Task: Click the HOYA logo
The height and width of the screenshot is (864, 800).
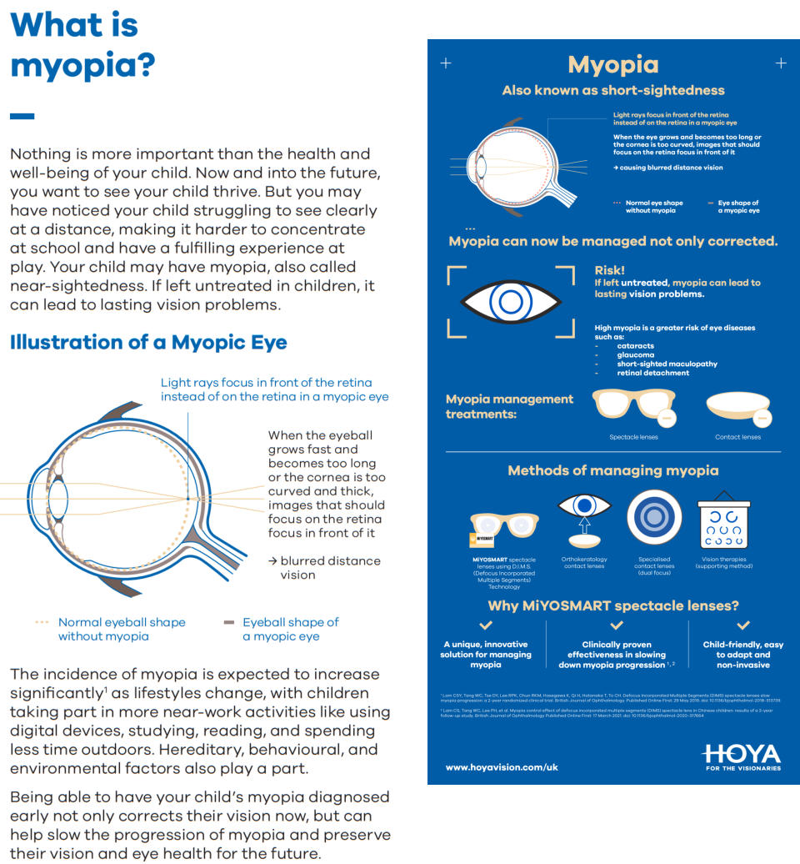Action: click(741, 756)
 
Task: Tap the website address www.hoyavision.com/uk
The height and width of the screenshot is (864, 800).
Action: click(502, 766)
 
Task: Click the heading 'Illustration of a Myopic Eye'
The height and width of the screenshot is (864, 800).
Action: click(148, 342)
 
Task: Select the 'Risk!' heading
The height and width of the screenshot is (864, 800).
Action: click(609, 270)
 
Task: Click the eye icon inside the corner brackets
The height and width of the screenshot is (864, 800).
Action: click(511, 301)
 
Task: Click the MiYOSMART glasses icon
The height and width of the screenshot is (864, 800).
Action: click(504, 525)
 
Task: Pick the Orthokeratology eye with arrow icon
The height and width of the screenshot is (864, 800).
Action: click(583, 515)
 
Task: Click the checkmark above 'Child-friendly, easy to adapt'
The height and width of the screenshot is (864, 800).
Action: click(743, 625)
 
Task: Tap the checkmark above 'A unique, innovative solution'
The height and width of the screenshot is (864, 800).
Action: click(486, 625)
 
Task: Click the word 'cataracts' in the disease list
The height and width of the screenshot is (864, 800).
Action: click(636, 345)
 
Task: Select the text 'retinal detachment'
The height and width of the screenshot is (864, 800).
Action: click(652, 373)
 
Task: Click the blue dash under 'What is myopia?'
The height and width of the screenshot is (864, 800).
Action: click(22, 116)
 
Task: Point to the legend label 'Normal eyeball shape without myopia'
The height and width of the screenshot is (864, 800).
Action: click(121, 629)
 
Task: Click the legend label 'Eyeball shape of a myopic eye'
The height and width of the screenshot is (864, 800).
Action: click(290, 629)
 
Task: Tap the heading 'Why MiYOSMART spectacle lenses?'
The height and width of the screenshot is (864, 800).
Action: click(612, 605)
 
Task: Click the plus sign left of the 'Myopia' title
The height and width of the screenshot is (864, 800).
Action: click(446, 63)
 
